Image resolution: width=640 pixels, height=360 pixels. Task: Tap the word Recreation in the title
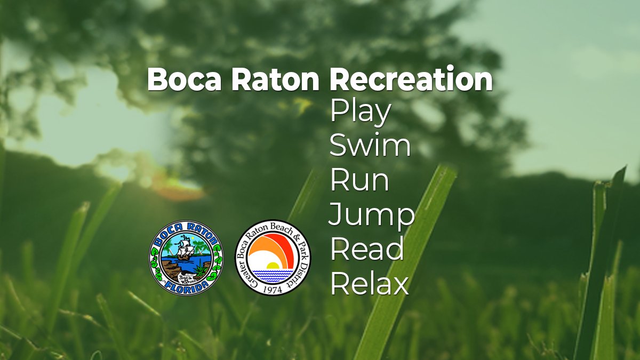click(x=411, y=80)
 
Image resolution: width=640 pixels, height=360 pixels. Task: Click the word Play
click(x=361, y=113)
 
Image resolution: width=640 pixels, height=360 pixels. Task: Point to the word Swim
click(x=370, y=146)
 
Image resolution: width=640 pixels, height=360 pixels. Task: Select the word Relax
click(x=370, y=284)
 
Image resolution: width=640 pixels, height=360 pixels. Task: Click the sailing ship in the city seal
click(x=185, y=249)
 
